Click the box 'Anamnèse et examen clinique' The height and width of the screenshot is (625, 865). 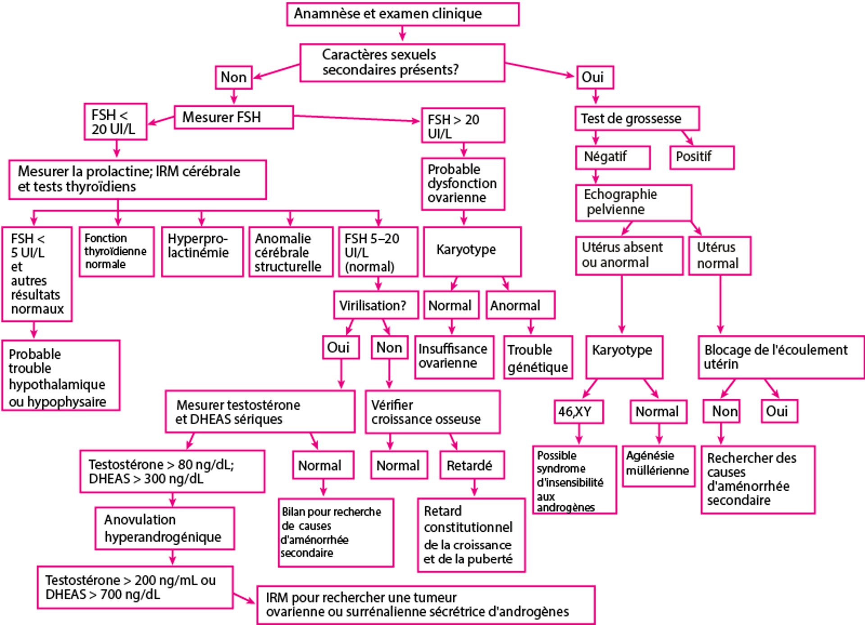pos(402,14)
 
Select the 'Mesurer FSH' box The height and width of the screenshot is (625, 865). pos(233,117)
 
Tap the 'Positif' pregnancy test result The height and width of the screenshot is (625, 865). pos(701,157)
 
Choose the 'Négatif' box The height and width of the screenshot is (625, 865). pos(612,157)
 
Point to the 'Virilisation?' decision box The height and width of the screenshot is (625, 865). pos(376,306)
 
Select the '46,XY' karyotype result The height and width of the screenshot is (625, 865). pos(578,411)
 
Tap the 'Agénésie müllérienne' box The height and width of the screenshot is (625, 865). pos(658,465)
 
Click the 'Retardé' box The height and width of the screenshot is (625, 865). pos(471,465)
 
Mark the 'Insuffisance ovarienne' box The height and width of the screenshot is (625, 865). pos(454,356)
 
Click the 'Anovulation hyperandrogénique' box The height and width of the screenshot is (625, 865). pos(164,528)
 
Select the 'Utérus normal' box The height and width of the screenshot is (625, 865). pos(719,255)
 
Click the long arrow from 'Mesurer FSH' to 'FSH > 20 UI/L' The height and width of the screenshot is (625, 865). pos(356,119)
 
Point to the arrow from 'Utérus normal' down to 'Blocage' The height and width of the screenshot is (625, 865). pos(720,304)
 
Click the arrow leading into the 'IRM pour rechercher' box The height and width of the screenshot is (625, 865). pos(245,598)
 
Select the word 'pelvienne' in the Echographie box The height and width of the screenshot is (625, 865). pos(615,210)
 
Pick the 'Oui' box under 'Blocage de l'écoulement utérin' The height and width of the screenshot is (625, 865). pos(779,411)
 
